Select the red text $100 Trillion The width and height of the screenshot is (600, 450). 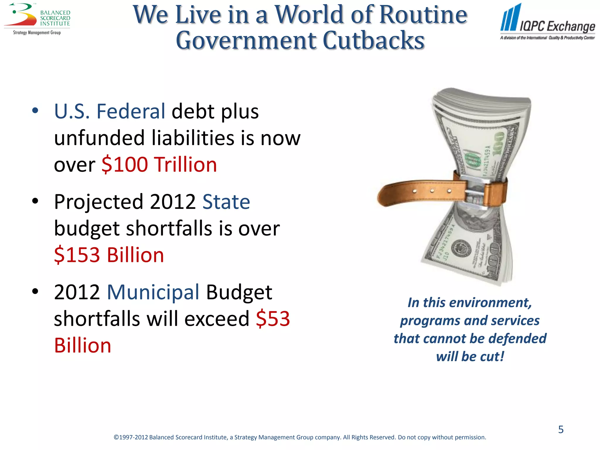159,164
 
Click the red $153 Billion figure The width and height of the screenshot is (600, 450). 109,255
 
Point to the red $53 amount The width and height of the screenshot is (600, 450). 273,318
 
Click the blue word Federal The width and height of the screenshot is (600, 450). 131,111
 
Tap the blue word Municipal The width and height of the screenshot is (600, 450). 153,292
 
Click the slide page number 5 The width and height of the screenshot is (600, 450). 561,429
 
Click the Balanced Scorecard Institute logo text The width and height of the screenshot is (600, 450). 55,18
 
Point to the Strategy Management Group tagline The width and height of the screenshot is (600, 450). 37,33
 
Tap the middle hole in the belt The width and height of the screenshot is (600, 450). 432,191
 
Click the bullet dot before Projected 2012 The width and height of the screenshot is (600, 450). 35,201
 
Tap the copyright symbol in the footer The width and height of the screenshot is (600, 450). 116,437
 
